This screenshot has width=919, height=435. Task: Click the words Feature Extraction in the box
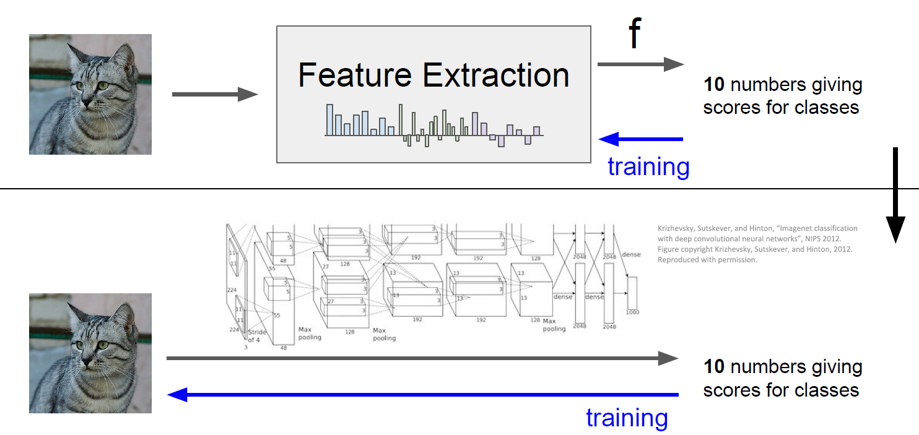pos(433,75)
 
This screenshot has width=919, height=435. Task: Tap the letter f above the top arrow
pos(634,35)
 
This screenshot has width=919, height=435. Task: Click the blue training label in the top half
pos(648,166)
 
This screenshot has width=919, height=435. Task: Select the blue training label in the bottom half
pos(627,418)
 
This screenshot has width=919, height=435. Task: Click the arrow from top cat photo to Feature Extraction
pos(214,95)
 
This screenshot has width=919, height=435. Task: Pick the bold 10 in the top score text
pos(714,85)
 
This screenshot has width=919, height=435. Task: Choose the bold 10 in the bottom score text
pos(714,366)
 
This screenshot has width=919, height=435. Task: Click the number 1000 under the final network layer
pos(632,312)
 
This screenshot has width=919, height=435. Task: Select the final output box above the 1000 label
pos(632,292)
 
